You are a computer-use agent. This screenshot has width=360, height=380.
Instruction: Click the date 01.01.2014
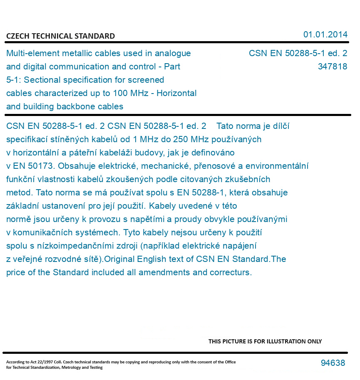325,35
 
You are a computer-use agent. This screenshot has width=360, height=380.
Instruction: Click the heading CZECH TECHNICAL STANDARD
60,36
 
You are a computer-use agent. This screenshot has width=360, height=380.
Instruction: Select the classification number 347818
332,67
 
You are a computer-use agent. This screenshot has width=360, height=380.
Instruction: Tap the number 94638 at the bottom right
333,363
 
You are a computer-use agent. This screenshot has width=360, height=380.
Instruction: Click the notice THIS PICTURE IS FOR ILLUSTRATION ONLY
265,341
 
